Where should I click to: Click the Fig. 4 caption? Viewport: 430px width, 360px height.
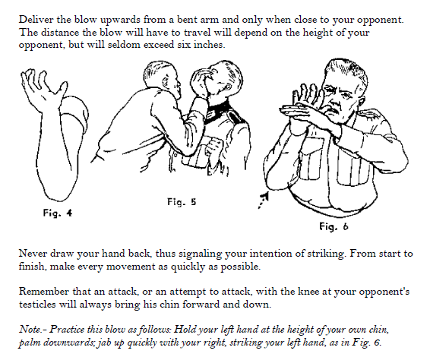pos(58,213)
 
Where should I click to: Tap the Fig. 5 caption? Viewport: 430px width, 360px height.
pos(182,202)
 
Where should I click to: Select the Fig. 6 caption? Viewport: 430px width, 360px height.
pos(334,227)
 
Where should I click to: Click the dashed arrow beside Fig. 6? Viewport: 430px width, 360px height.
pos(264,201)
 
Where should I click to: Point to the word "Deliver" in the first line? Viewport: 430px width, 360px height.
pos(36,20)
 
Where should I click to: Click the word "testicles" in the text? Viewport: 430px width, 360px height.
pos(37,304)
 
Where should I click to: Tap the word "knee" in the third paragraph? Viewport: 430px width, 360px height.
pos(308,291)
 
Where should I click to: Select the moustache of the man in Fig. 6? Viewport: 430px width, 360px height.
pos(337,110)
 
